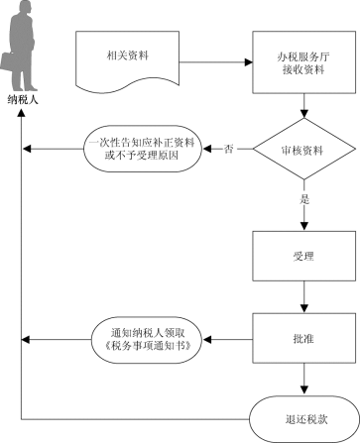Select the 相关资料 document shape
click(x=126, y=56)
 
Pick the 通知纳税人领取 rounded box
click(x=147, y=339)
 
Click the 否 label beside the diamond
click(x=230, y=150)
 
